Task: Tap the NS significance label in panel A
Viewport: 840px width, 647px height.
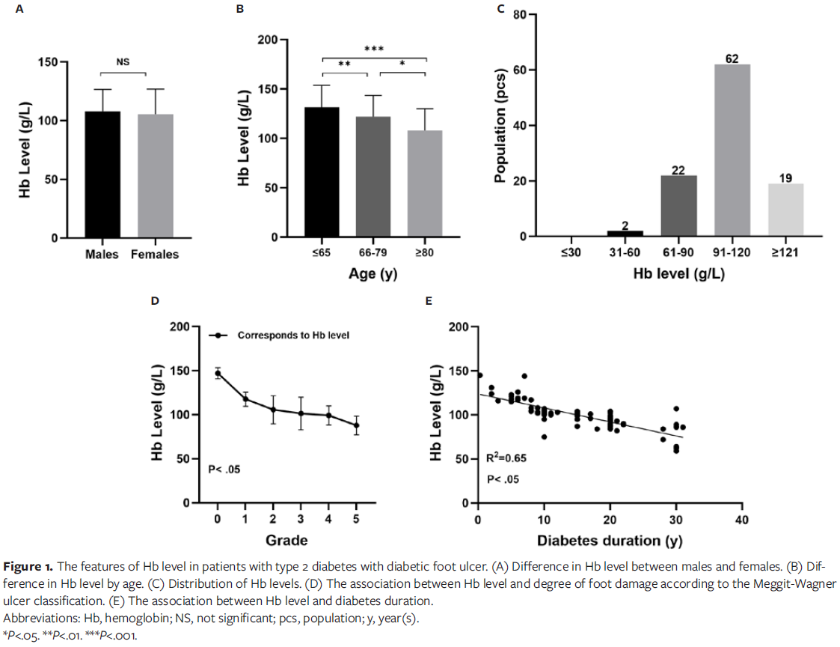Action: [x=123, y=63]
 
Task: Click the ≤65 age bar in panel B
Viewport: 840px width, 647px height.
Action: [x=322, y=172]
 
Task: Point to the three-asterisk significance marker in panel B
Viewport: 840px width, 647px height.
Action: [x=373, y=49]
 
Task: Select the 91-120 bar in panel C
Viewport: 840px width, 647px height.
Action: [x=732, y=151]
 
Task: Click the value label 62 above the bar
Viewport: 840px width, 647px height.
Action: [x=732, y=58]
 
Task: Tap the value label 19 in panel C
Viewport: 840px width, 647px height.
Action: [x=785, y=177]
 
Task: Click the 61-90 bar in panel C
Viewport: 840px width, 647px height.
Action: [x=678, y=206]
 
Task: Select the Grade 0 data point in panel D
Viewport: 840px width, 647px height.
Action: [x=218, y=373]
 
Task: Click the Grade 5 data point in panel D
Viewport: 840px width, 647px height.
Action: [x=357, y=425]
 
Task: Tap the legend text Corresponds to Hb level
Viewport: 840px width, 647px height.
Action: [x=293, y=335]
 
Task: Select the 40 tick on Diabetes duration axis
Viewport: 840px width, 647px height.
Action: [x=741, y=519]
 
